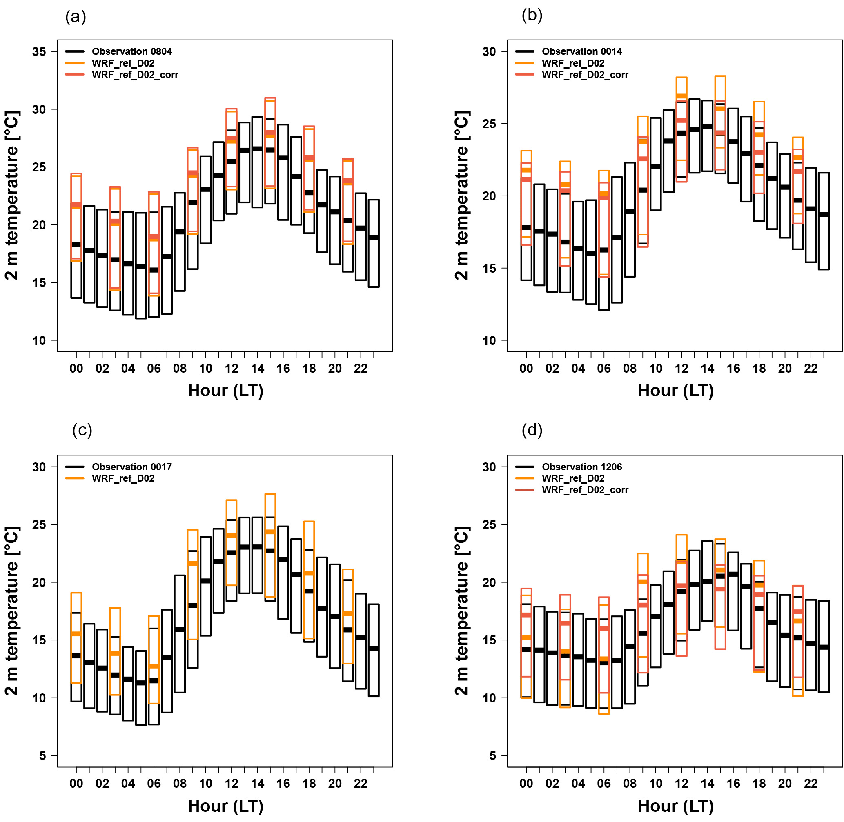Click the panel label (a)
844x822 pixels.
pyautogui.click(x=76, y=17)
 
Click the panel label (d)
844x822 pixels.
pyautogui.click(x=532, y=430)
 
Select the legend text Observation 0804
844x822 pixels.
pyautogui.click(x=132, y=51)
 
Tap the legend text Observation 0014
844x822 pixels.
pyautogui.click(x=582, y=51)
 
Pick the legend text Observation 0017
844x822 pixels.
pyautogui.click(x=132, y=467)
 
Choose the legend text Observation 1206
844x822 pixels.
pyautogui.click(x=582, y=467)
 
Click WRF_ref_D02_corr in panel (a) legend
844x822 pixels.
pyautogui.click(x=135, y=75)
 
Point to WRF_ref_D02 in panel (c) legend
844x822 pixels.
pyautogui.click(x=123, y=478)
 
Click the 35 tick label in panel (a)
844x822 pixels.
pyautogui.click(x=39, y=52)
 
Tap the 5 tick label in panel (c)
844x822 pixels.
pyautogui.click(x=42, y=756)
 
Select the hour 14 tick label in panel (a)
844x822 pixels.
pyautogui.click(x=257, y=369)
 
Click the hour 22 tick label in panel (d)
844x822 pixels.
pyautogui.click(x=811, y=784)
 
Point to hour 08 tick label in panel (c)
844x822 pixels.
pyautogui.click(x=180, y=784)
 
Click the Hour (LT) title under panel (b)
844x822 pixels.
pyautogui.click(x=675, y=391)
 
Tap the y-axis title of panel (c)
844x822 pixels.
pyautogui.click(x=12, y=611)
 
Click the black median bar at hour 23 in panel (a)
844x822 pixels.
pyautogui.click(x=374, y=238)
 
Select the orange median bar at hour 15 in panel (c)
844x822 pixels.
pyautogui.click(x=270, y=532)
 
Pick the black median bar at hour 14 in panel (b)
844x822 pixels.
pyautogui.click(x=707, y=127)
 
